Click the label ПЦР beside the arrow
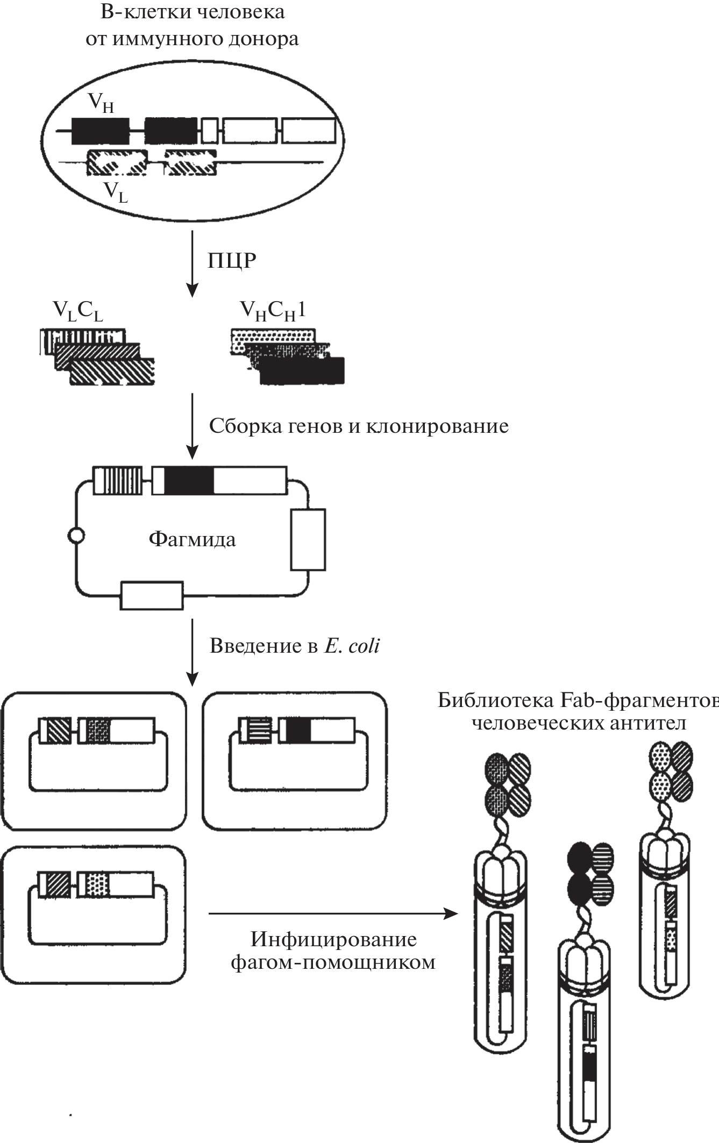[232, 261]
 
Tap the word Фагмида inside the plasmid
[192, 539]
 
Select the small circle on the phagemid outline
[76, 536]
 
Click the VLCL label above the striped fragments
[77, 311]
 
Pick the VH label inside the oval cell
[101, 102]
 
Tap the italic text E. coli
[352, 646]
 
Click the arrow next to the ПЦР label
[192, 263]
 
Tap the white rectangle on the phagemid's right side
[308, 539]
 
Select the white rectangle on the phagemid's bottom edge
[151, 595]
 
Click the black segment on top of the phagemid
[189, 480]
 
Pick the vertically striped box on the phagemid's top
[118, 480]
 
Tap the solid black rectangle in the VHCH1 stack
[302, 371]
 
